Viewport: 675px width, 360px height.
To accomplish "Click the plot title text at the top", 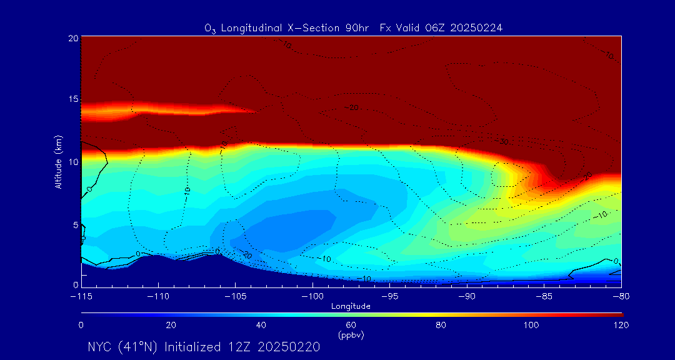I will click(354, 28).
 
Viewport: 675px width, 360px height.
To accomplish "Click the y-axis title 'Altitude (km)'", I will click(58, 162).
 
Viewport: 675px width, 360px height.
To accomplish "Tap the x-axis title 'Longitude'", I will click(351, 306).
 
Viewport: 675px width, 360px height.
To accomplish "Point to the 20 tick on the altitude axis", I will click(73, 38).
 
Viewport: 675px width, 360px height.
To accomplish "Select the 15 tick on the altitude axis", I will click(73, 99).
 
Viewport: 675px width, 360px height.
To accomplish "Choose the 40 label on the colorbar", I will click(261, 325).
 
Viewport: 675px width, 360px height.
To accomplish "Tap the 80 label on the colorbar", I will click(441, 325).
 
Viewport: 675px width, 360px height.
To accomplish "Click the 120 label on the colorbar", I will click(621, 325).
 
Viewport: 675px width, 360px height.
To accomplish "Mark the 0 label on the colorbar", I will click(81, 325).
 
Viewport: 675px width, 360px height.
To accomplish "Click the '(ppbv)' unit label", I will click(351, 335).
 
